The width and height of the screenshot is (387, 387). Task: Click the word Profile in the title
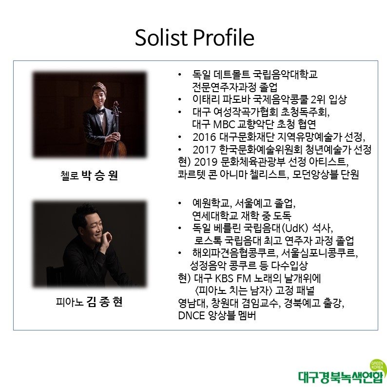tap(224, 38)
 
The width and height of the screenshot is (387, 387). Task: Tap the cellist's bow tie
tap(100, 111)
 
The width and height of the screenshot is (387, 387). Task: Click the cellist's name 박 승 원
tap(100, 175)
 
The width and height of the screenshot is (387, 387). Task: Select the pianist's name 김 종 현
tap(104, 302)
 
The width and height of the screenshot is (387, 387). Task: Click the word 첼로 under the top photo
tap(70, 175)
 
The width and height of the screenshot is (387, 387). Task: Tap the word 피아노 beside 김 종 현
tap(70, 302)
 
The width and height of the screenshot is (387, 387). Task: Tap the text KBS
tap(224, 278)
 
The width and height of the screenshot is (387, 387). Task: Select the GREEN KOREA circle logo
tap(378, 365)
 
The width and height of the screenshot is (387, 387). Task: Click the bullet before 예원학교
tap(180, 203)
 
